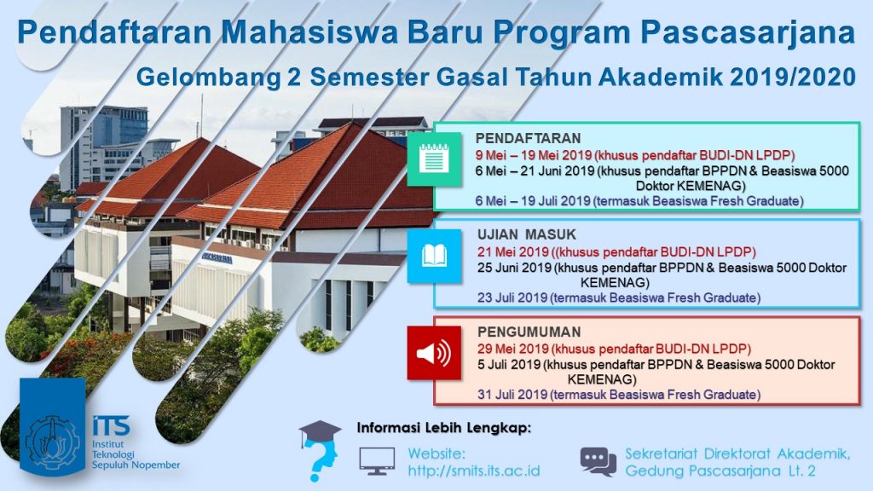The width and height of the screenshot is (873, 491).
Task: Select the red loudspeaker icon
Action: click(433, 352)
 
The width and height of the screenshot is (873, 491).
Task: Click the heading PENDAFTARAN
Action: click(528, 138)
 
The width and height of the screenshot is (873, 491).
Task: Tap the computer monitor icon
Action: click(376, 461)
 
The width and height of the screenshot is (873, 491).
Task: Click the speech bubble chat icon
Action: click(598, 461)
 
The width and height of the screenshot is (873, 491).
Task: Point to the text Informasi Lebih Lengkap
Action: click(443, 426)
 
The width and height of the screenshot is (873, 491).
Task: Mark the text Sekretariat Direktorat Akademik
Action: click(737, 453)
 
